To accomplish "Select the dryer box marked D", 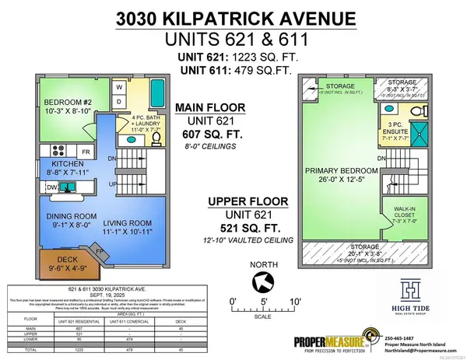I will [118, 102].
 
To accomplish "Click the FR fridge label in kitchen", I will [86, 151].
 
